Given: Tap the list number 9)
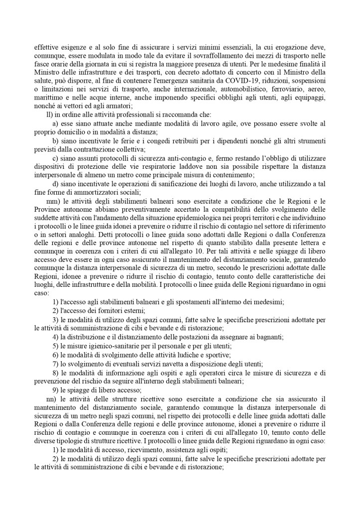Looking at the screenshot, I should tap(56, 390).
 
